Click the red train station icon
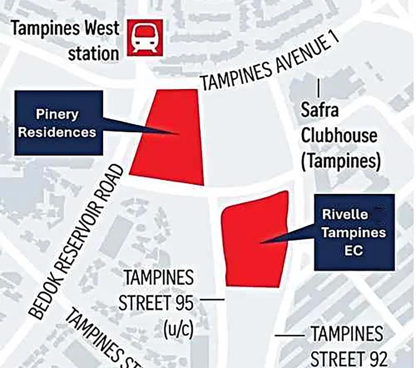144,37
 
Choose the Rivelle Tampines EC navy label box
354,232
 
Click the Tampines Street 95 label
156,290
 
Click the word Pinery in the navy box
58,114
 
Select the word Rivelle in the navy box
345,214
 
